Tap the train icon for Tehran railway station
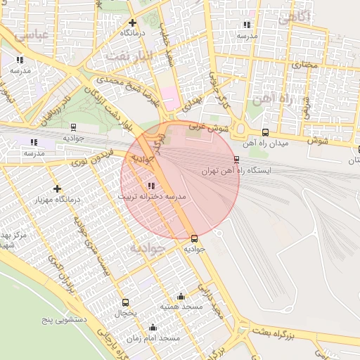click(236, 159)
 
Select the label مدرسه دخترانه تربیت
click(152, 197)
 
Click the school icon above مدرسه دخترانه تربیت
click(151, 186)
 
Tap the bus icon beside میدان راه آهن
click(265, 132)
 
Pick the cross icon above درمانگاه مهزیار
click(57, 188)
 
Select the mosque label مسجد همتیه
click(181, 307)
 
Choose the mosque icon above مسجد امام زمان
click(153, 328)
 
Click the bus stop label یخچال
click(125, 313)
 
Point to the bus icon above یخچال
click(125, 302)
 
